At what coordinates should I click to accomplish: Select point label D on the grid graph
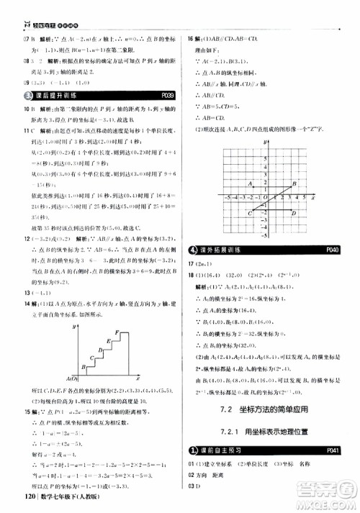pyautogui.click(x=292, y=212)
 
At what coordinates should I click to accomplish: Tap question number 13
pyautogui.click(x=9, y=273)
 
